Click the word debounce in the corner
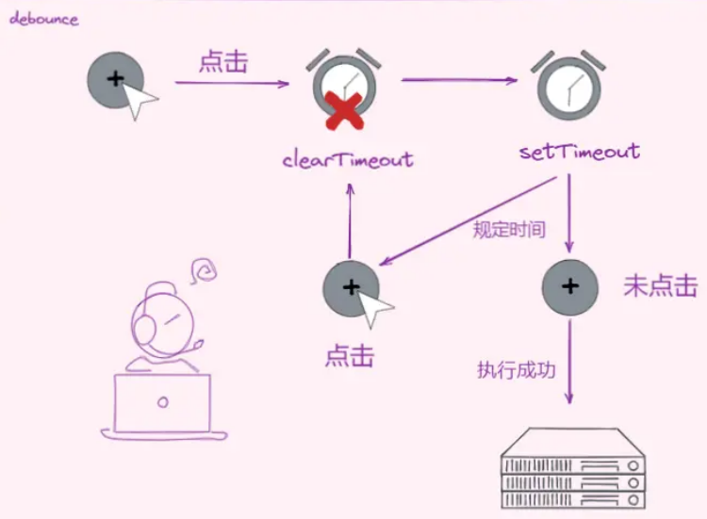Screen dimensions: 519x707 tap(44, 20)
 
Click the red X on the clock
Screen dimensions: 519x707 tap(345, 112)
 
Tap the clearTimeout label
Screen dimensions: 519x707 tap(348, 159)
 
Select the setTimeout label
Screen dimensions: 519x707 tap(580, 152)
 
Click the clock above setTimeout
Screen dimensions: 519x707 tap(568, 83)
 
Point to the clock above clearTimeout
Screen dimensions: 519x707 tap(345, 83)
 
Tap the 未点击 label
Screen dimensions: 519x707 tap(660, 287)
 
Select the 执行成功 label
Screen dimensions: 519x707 tap(517, 370)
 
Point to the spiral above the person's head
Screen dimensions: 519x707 tap(202, 272)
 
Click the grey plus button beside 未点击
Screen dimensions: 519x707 tap(569, 286)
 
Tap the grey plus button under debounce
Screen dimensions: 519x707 tap(116, 80)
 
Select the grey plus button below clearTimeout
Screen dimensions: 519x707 tap(351, 288)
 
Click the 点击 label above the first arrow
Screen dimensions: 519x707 tap(223, 63)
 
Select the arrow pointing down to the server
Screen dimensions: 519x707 tap(569, 363)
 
